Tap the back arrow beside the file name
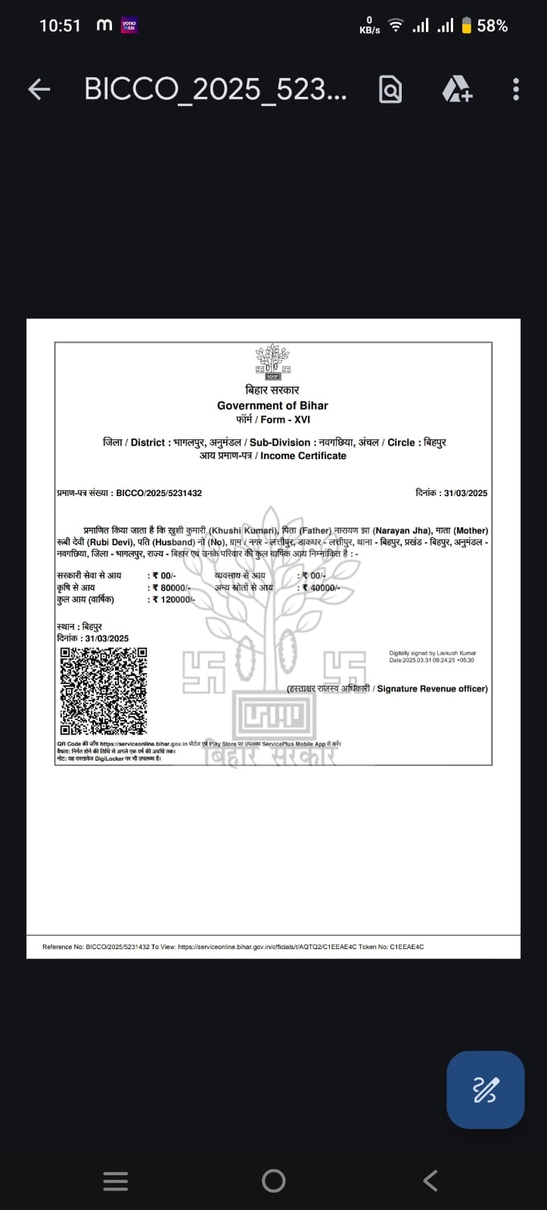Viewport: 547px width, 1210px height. [x=39, y=89]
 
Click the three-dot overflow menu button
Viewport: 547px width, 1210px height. [x=516, y=89]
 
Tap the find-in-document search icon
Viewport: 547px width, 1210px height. [x=390, y=89]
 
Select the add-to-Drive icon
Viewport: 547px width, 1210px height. [x=457, y=89]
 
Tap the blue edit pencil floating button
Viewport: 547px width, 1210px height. [x=485, y=1090]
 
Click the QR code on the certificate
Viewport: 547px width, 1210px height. [x=104, y=691]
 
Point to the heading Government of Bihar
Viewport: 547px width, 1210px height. [x=272, y=405]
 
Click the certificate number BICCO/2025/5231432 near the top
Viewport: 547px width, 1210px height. [x=159, y=493]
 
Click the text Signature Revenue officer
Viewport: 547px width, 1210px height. [x=432, y=689]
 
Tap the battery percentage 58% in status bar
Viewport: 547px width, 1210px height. [x=492, y=26]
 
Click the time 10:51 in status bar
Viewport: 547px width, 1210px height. [x=60, y=26]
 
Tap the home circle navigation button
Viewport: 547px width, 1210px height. [x=273, y=1181]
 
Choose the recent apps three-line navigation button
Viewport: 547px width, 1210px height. [x=115, y=1181]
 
